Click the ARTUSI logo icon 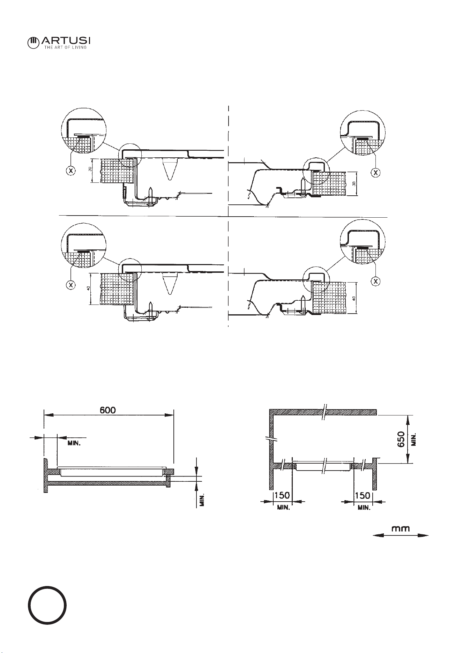click(33, 43)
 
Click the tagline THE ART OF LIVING click(65, 47)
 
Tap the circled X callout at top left click(71, 171)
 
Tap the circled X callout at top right click(375, 172)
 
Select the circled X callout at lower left click(71, 284)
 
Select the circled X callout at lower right click(375, 281)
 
